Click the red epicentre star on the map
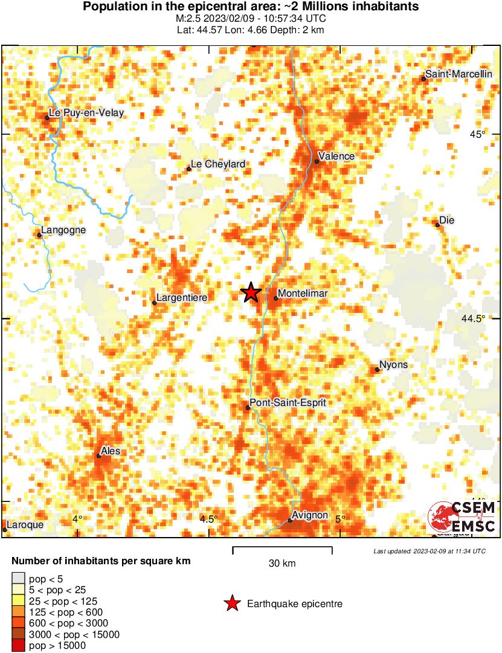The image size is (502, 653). point(251,292)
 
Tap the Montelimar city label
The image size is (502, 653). point(302,294)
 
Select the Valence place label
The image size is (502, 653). point(336,156)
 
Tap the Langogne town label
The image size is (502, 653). point(63,230)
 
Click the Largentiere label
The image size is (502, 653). point(181,298)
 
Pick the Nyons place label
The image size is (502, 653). point(393,365)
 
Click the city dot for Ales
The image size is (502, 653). point(98,455)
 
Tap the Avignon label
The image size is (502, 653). point(309,516)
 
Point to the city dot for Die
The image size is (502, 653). point(438,225)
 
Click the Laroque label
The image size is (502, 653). point(25,525)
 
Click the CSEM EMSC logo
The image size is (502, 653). point(462,517)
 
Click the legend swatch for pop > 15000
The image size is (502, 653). point(19,646)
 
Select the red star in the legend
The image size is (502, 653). point(231,603)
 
